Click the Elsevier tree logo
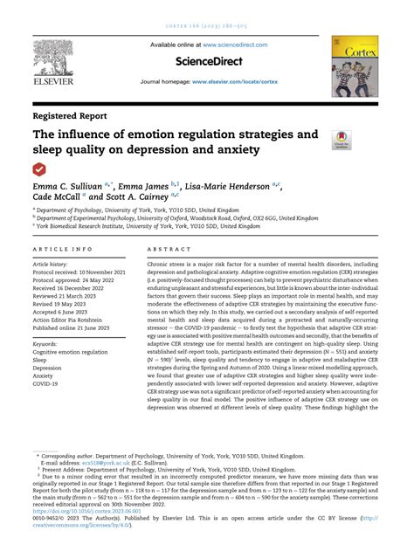coord(59,61)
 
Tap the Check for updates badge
coord(339,139)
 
